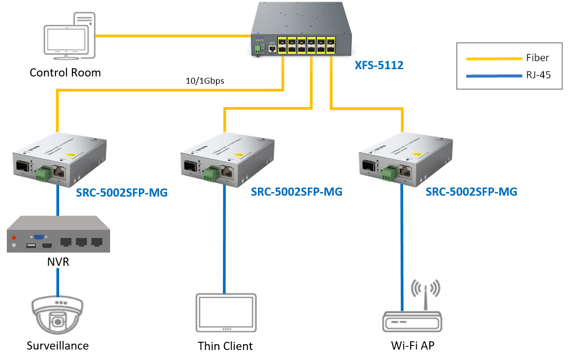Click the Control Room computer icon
pos(69,36)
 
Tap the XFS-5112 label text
pos(379,66)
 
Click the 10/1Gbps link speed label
pos(205,81)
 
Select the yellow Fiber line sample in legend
pos(494,58)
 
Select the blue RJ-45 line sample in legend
pos(494,76)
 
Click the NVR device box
pos(58,234)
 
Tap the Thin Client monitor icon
pos(226,314)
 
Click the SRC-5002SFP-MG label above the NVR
pos(122,193)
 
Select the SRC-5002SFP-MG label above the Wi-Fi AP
pos(471,192)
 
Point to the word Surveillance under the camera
pos(57,345)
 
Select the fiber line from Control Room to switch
pos(173,35)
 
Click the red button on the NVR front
pos(14,238)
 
